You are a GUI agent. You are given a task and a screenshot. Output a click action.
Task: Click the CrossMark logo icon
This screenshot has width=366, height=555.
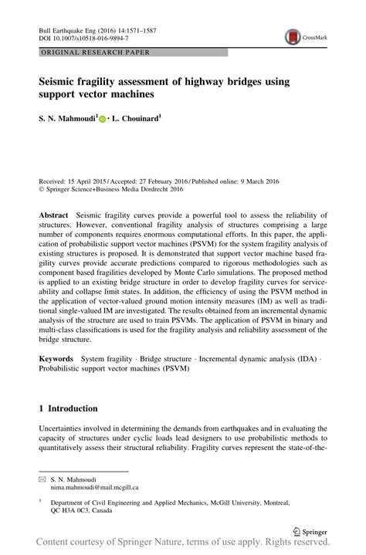click(x=293, y=36)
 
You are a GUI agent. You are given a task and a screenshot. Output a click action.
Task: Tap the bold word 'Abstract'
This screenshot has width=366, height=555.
click(x=57, y=214)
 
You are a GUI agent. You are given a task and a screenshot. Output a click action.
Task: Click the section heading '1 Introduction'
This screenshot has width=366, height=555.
click(x=68, y=408)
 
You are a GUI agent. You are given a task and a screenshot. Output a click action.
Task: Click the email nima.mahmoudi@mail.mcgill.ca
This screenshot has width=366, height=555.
click(x=94, y=488)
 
